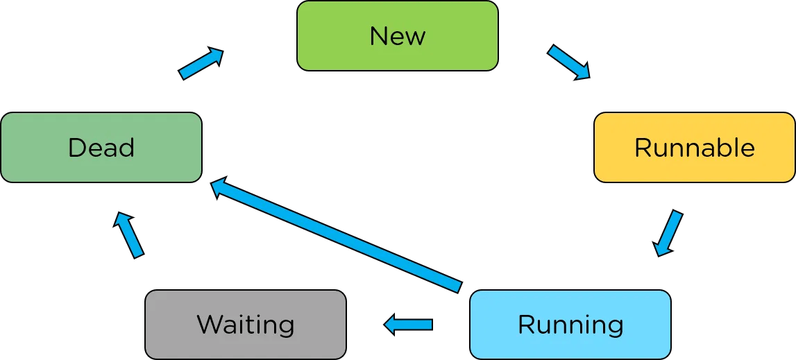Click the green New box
click(397, 36)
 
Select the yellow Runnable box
click(694, 148)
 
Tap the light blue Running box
click(570, 324)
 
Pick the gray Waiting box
click(245, 324)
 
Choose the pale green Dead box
click(101, 148)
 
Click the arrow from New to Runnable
click(568, 62)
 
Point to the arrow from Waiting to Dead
click(129, 235)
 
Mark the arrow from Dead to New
click(201, 64)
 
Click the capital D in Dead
click(76, 148)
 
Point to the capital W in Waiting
click(210, 325)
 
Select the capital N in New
click(378, 36)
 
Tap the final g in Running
click(614, 327)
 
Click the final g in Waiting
click(286, 327)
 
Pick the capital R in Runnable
click(643, 148)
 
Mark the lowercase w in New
click(415, 37)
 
